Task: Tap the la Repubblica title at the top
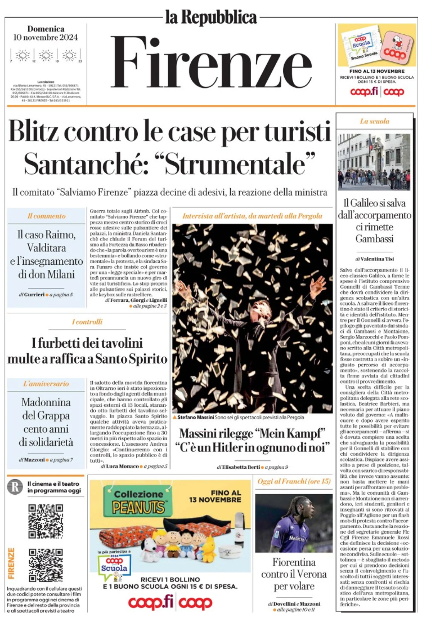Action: (x=211, y=17)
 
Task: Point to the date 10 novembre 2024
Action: (x=46, y=38)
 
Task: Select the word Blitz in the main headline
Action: (x=41, y=133)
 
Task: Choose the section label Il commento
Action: (x=46, y=216)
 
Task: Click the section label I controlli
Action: (x=87, y=322)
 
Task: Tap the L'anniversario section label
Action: (x=46, y=384)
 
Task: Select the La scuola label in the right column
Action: (x=374, y=121)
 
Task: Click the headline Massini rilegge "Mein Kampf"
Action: (x=253, y=434)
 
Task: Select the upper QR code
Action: (x=46, y=521)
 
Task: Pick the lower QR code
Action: (x=46, y=565)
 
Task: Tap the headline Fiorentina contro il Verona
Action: (x=294, y=574)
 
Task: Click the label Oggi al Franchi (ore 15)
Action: (x=294, y=481)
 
